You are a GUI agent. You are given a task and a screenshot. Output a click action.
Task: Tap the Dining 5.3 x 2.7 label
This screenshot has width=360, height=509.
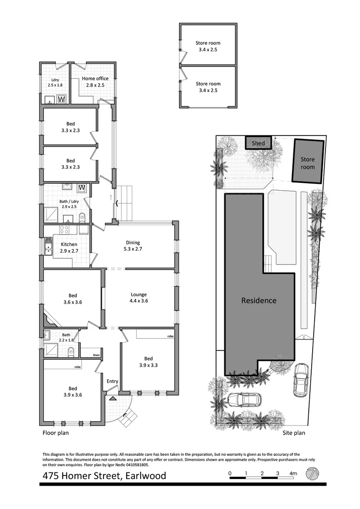pyautogui.click(x=133, y=246)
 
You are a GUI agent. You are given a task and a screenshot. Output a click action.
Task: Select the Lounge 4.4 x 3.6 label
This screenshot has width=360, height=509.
pyautogui.click(x=138, y=298)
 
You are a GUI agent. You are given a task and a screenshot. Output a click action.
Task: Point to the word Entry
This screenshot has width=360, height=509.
pyautogui.click(x=112, y=381)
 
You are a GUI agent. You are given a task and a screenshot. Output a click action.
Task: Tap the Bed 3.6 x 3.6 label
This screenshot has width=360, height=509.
pyautogui.click(x=72, y=299)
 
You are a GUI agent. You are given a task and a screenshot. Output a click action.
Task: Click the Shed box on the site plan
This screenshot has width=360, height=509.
pyautogui.click(x=258, y=143)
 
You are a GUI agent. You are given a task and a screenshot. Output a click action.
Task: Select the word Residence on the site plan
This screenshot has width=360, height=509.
pyautogui.click(x=258, y=300)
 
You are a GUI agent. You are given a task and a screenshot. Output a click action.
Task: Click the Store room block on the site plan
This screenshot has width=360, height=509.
pyautogui.click(x=308, y=163)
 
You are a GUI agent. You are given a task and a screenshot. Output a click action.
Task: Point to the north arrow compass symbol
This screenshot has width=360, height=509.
pyautogui.click(x=312, y=474)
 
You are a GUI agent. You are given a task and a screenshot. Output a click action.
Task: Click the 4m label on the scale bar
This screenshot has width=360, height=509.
pyautogui.click(x=293, y=474)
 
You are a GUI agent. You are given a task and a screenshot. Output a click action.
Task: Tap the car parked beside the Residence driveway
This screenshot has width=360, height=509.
pyautogui.click(x=300, y=380)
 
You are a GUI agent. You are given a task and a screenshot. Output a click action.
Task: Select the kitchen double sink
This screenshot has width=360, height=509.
pyautogui.click(x=48, y=246)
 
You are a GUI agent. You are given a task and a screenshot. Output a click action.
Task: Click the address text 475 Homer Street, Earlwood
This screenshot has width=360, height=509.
pyautogui.click(x=104, y=476)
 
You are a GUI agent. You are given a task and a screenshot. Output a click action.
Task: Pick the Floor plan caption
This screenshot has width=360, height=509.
pyautogui.click(x=55, y=434)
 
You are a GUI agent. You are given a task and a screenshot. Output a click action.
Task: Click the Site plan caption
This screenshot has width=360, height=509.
pyautogui.click(x=294, y=434)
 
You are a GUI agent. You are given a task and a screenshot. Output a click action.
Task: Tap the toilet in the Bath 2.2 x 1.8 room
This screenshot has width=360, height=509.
pyautogui.click(x=71, y=351)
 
